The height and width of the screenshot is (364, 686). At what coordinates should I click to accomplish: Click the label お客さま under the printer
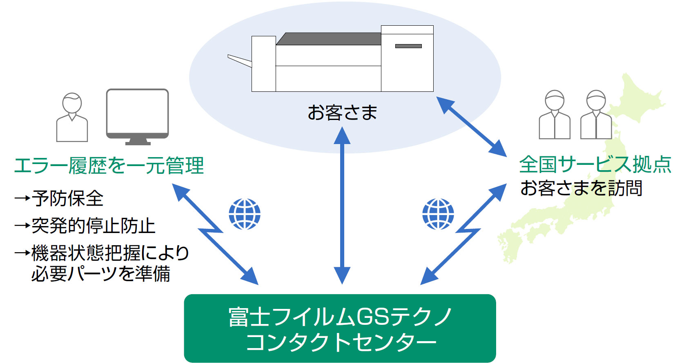click(342, 112)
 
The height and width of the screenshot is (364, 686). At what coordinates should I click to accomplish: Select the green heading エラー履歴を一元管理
click(109, 166)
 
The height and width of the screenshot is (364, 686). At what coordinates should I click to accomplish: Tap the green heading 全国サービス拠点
click(595, 164)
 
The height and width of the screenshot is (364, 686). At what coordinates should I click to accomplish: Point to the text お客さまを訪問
click(581, 188)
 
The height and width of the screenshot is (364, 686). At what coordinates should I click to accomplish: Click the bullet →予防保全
click(59, 198)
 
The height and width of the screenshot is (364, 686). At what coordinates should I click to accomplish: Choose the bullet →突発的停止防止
click(85, 226)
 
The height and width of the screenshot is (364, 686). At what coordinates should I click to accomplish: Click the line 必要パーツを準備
click(101, 273)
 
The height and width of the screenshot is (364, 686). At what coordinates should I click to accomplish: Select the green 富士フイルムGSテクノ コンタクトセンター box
click(340, 328)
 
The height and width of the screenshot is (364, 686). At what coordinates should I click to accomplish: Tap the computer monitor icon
click(138, 117)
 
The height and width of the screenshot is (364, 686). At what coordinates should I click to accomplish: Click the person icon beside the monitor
click(72, 118)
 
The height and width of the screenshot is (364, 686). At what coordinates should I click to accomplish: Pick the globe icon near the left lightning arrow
click(245, 214)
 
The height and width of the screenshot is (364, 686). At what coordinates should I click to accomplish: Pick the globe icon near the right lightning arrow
click(438, 214)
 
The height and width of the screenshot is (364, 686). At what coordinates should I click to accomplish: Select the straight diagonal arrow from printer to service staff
click(471, 127)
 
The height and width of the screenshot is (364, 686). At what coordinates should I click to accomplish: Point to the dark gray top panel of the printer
click(329, 39)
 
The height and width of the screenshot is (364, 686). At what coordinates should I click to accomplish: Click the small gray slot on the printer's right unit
click(408, 46)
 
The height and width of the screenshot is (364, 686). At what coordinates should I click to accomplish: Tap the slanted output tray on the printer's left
click(240, 61)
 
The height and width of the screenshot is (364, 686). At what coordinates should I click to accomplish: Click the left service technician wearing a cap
click(555, 115)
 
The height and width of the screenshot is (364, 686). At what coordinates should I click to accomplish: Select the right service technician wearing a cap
click(596, 115)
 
